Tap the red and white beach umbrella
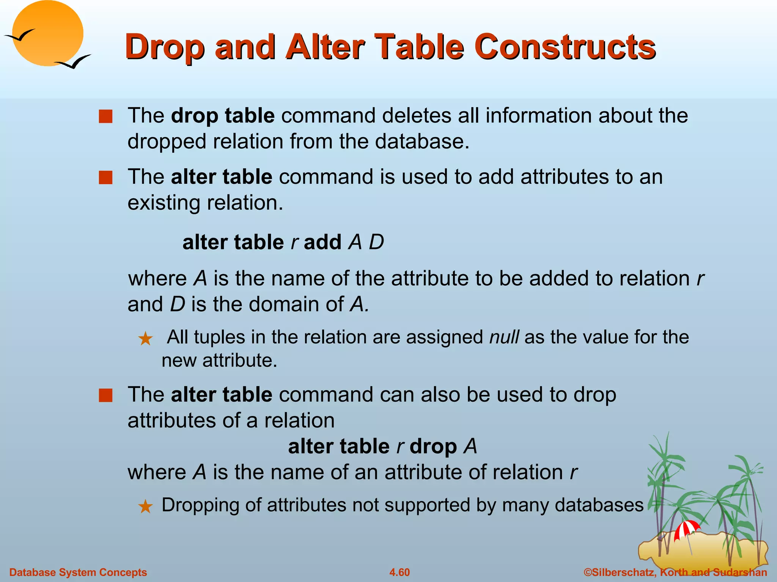686,529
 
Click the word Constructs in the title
565,47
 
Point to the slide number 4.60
400,572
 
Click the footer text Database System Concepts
78,572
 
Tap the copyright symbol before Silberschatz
587,572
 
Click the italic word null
504,337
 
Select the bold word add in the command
322,242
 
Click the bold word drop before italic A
433,446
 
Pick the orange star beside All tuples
145,339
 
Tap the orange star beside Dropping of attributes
145,507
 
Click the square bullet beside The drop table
106,116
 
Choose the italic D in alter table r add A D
376,242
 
